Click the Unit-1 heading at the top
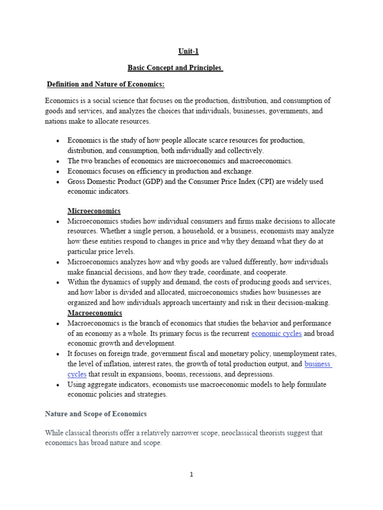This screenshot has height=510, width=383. pyautogui.click(x=189, y=51)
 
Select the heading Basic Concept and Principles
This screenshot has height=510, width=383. pyautogui.click(x=175, y=67)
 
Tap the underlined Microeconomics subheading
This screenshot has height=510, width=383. pyautogui.click(x=94, y=211)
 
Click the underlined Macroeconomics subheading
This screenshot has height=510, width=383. pyautogui.click(x=95, y=313)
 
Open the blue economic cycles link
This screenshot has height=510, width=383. pyautogui.click(x=276, y=333)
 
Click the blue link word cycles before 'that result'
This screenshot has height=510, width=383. pyautogui.click(x=77, y=374)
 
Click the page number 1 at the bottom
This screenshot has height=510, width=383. pyautogui.click(x=191, y=474)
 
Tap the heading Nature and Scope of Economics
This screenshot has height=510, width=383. pyautogui.click(x=96, y=414)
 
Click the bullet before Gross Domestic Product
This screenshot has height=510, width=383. pyautogui.click(x=58, y=182)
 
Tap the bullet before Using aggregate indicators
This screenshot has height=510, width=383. pyautogui.click(x=58, y=385)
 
